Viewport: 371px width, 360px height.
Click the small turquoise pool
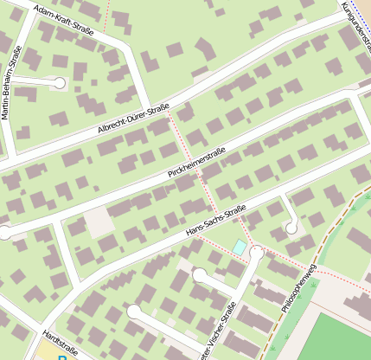point(239,247)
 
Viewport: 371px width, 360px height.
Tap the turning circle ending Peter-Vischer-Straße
point(257,252)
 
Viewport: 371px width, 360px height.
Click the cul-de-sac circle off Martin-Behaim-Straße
point(60,83)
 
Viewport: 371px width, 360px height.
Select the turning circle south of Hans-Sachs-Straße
point(292,227)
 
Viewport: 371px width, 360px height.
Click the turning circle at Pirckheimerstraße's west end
point(4,232)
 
